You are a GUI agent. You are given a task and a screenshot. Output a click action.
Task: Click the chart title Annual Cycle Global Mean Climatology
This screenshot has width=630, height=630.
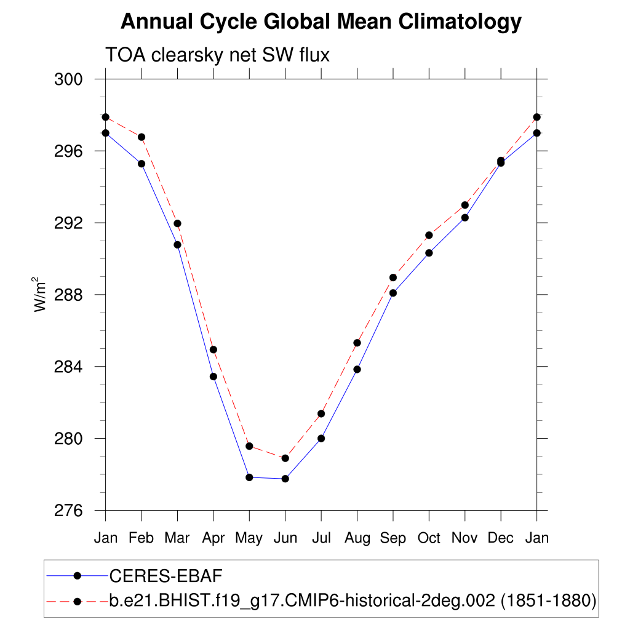click(x=321, y=22)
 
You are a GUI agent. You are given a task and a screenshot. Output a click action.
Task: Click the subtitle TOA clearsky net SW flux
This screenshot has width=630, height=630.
click(x=218, y=55)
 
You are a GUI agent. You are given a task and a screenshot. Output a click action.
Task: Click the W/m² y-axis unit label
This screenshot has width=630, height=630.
click(x=41, y=295)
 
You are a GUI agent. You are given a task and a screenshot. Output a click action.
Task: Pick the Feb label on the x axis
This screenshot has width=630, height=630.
click(x=142, y=538)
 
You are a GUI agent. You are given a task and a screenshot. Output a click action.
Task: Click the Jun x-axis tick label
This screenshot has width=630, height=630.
click(x=285, y=538)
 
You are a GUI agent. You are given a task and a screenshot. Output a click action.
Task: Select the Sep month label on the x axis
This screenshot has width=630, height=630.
click(x=393, y=538)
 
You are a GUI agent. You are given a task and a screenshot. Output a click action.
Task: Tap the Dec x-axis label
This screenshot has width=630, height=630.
click(x=501, y=538)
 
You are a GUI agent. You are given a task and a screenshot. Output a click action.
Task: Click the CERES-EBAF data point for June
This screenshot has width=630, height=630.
click(x=285, y=479)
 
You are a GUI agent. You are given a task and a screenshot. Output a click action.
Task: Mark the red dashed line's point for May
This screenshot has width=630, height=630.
click(x=249, y=446)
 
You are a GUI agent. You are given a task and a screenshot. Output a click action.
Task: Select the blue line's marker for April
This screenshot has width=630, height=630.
click(x=213, y=377)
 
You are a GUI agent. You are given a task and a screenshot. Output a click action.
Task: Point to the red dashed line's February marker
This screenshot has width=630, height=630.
click(x=142, y=137)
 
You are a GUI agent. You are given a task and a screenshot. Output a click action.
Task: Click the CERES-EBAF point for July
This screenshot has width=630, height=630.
click(x=321, y=439)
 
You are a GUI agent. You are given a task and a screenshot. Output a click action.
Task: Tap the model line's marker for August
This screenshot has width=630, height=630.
click(x=357, y=343)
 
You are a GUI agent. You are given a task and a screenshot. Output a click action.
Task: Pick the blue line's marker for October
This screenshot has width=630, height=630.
click(x=429, y=253)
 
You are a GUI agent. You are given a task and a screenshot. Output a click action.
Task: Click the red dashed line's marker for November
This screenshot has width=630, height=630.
click(x=465, y=205)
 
